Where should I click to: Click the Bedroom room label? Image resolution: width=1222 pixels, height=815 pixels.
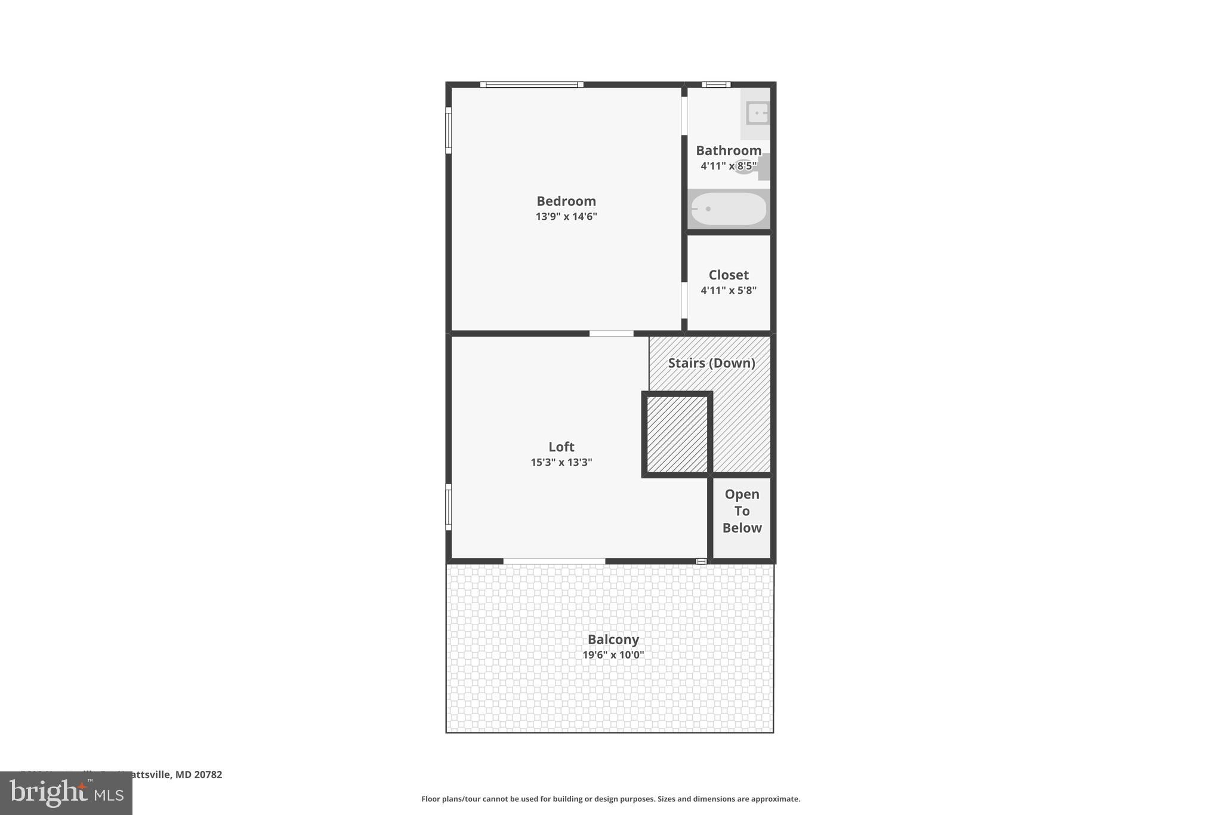[566, 201]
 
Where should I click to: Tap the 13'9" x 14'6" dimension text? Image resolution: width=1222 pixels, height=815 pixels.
[566, 217]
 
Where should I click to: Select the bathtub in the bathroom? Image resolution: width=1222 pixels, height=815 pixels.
[729, 209]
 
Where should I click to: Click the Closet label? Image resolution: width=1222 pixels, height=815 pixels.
[728, 275]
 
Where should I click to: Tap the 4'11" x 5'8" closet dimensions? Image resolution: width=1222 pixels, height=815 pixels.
[728, 291]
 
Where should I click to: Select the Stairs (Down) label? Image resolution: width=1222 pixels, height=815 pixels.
[711, 363]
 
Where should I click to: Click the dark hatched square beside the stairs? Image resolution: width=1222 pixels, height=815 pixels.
[677, 435]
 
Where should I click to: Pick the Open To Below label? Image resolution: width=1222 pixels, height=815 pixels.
[742, 511]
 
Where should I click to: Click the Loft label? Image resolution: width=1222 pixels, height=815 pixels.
[561, 447]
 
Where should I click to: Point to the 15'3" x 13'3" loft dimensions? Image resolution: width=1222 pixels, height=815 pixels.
[561, 462]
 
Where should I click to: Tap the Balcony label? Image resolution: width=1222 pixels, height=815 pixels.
[613, 639]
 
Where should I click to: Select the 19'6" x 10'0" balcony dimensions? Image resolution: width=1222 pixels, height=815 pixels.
[613, 655]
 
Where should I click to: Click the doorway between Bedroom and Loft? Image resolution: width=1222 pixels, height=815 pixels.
[611, 334]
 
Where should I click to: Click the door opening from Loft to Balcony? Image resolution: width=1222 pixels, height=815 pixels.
[554, 561]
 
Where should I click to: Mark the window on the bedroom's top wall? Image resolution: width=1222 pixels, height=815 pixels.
[532, 85]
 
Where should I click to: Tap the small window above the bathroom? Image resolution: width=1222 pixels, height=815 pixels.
[716, 85]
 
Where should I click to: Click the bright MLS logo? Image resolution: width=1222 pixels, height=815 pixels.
[66, 793]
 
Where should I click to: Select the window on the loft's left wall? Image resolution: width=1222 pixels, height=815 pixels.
[449, 507]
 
